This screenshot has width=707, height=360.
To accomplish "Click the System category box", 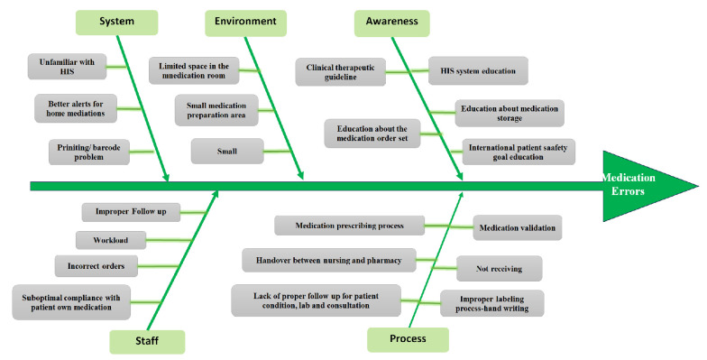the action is tap(117, 22).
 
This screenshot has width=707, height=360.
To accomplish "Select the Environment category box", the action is tap(245, 23).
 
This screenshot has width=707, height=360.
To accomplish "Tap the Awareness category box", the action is tap(391, 23).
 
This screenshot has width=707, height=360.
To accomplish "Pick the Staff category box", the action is tap(147, 341).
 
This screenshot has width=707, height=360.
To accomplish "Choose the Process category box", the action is tap(408, 339).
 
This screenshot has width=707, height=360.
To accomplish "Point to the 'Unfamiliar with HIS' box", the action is tap(67, 67).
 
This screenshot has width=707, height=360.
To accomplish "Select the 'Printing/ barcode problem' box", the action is tap(88, 152).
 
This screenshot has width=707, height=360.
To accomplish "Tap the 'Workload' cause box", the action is tap(111, 240).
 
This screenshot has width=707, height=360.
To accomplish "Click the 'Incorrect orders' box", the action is tap(96, 266).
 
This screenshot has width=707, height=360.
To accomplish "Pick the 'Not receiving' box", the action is tap(500, 269).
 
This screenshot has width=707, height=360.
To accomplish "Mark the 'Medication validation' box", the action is tap(518, 227).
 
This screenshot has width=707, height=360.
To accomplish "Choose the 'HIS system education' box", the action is tap(478, 70).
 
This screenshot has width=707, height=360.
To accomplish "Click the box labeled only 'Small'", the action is tap(227, 152).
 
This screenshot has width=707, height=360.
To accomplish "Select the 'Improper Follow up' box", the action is tap(131, 212).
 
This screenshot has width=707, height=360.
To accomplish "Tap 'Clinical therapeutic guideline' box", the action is tap(341, 72).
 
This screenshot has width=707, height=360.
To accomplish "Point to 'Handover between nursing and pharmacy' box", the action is tap(329, 260).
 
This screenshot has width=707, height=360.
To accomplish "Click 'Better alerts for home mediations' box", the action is tap(76, 108).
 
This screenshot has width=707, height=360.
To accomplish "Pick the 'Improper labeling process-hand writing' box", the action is tap(492, 303).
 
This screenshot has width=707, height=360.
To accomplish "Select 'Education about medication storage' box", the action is tap(510, 114).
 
